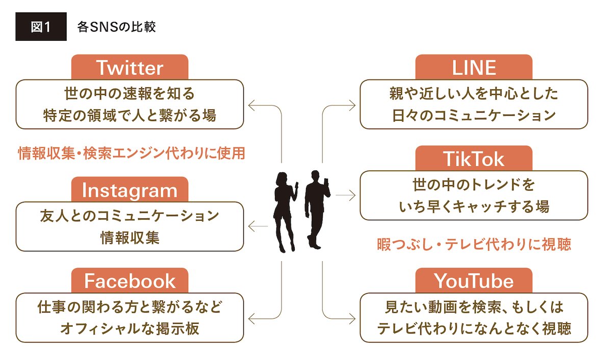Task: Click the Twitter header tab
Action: click(130, 67)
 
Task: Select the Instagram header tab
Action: click(130, 190)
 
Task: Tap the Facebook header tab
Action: click(130, 281)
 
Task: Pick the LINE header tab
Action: click(473, 67)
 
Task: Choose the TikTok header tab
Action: click(473, 159)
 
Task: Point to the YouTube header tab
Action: click(473, 281)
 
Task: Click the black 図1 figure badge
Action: click(41, 27)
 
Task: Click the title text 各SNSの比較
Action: click(116, 27)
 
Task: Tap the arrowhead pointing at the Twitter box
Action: click(251, 106)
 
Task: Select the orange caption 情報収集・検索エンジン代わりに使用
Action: click(132, 153)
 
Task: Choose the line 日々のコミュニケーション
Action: click(474, 115)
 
